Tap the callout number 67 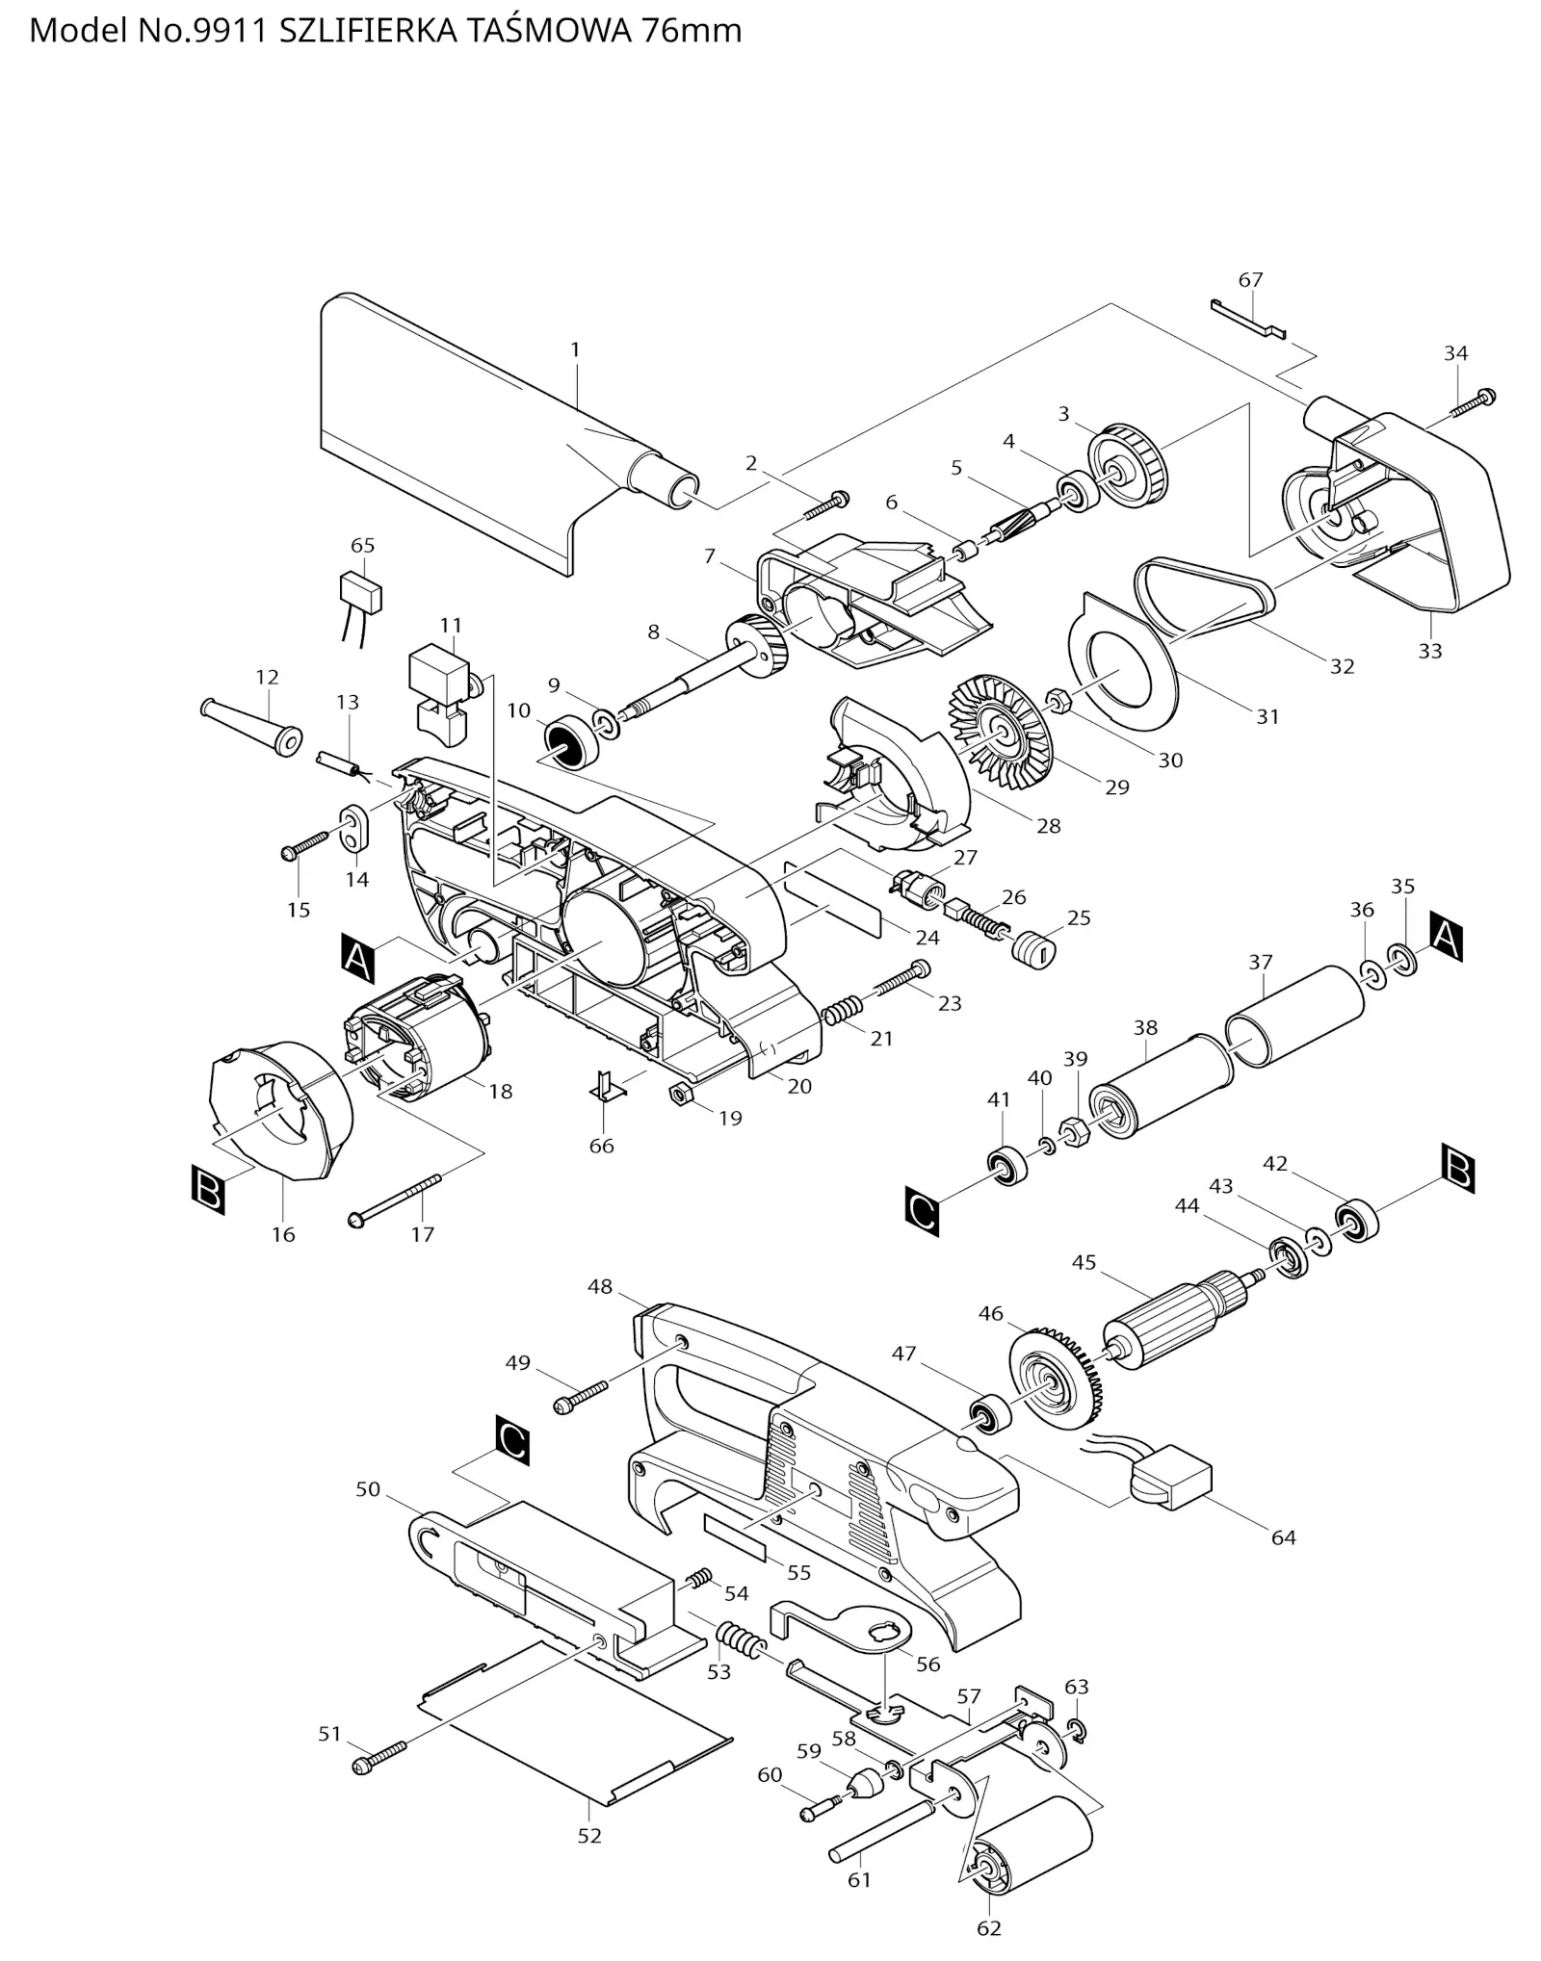tap(1250, 280)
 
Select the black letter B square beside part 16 tap(208, 1189)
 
